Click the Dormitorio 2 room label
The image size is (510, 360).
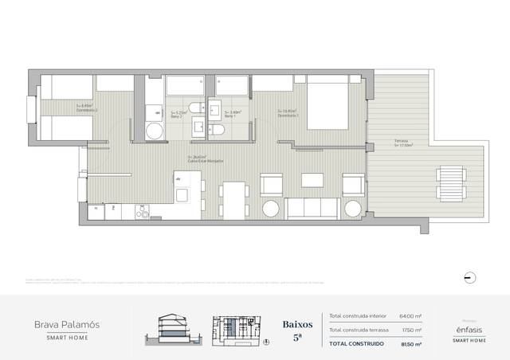[84, 108]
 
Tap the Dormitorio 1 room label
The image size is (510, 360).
[288, 114]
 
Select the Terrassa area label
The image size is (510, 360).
[402, 143]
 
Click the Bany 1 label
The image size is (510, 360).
[232, 115]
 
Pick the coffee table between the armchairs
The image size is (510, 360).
[308, 182]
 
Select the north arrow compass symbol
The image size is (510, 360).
[470, 276]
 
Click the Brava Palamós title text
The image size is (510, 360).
[66, 325]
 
